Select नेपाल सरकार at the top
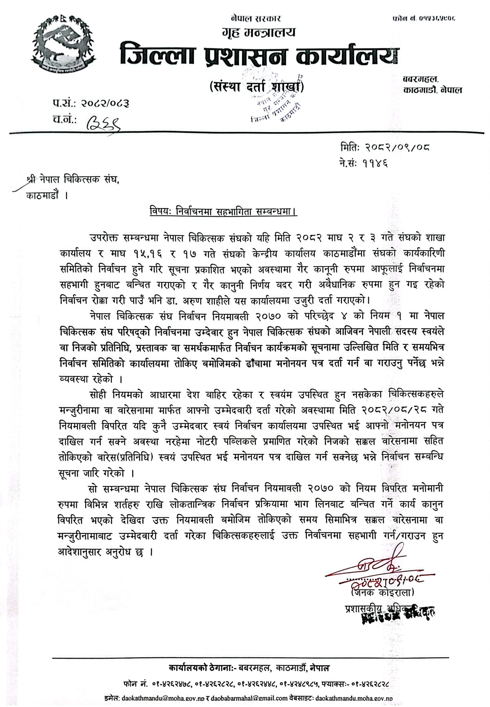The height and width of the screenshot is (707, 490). pyautogui.click(x=255, y=18)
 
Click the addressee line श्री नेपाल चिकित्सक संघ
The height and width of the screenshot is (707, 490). pyautogui.click(x=73, y=180)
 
